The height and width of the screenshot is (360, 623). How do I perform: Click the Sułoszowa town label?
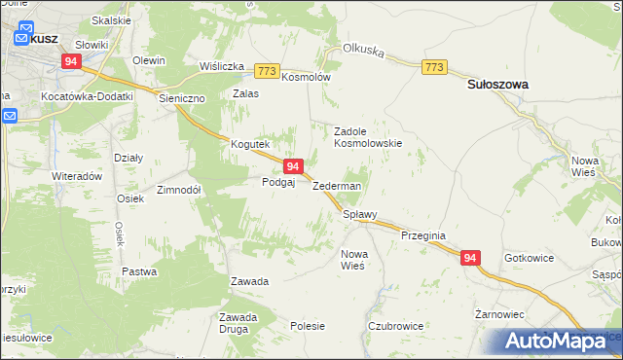[x=497, y=85]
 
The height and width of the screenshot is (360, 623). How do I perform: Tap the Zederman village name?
[x=337, y=186]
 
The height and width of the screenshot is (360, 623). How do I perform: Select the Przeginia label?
[x=422, y=234]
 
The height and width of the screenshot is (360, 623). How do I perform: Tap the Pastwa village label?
[x=139, y=271]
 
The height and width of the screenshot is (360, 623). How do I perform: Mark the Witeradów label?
[x=78, y=177]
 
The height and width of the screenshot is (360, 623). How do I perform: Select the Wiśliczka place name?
[x=221, y=66]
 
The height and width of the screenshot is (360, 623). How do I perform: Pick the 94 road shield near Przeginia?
[x=470, y=258]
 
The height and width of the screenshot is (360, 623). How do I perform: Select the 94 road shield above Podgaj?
[x=293, y=167]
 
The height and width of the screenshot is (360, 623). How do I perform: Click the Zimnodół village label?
[x=177, y=191]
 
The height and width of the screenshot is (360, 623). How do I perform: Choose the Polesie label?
[x=308, y=327]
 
